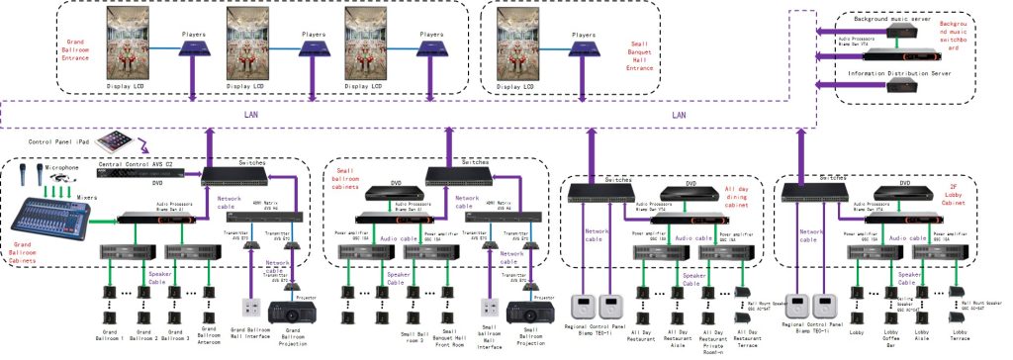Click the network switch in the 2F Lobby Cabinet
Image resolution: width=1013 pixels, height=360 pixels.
(810, 189)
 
